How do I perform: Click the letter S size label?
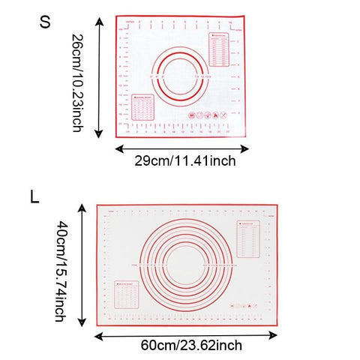(x=46, y=22)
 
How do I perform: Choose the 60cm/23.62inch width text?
(x=190, y=345)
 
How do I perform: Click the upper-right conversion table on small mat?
(x=221, y=49)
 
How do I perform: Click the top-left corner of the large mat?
(x=97, y=203)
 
